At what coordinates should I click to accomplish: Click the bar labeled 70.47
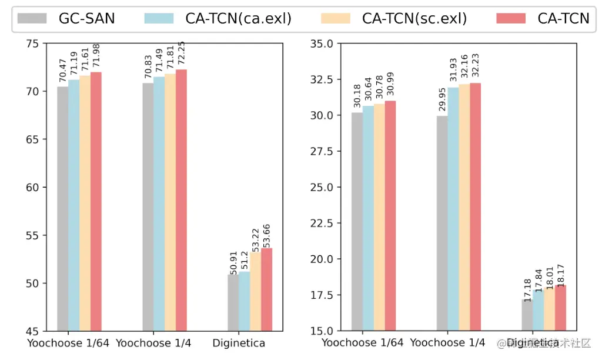(x=62, y=208)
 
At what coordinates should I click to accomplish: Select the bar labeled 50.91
(x=233, y=302)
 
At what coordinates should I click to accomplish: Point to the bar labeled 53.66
(x=266, y=289)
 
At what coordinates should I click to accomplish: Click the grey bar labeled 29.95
(x=442, y=223)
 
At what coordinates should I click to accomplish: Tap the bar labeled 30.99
(x=390, y=215)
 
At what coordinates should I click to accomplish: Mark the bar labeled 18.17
(x=560, y=308)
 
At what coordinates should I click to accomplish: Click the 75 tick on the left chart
(x=34, y=44)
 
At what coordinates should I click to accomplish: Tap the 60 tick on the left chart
(x=34, y=188)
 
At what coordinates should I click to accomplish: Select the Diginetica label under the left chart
(x=239, y=343)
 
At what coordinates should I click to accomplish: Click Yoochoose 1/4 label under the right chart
(x=447, y=343)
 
